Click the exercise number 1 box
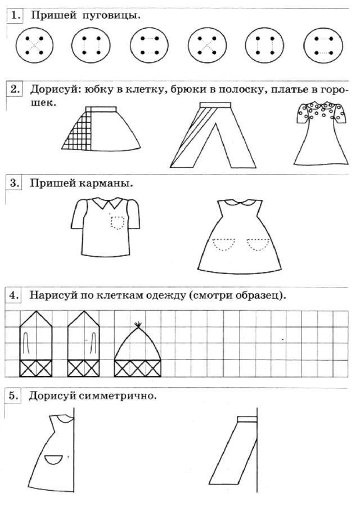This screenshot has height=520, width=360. click(15, 15)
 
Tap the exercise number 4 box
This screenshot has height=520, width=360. click(13, 295)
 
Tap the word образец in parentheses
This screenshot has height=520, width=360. click(258, 295)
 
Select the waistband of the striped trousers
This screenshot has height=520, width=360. click(214, 105)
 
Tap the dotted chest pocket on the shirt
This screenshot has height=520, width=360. click(118, 222)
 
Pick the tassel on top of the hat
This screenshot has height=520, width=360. click(137, 325)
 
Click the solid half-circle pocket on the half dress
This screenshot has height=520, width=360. click(53, 459)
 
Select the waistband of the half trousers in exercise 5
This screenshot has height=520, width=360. click(247, 419)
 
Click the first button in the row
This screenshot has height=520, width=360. click(34, 45)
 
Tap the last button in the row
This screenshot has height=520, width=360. click(323, 45)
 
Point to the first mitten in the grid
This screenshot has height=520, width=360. click(36, 343)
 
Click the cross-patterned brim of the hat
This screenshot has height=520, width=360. click(138, 369)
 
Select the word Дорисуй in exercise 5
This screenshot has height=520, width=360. click(51, 396)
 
